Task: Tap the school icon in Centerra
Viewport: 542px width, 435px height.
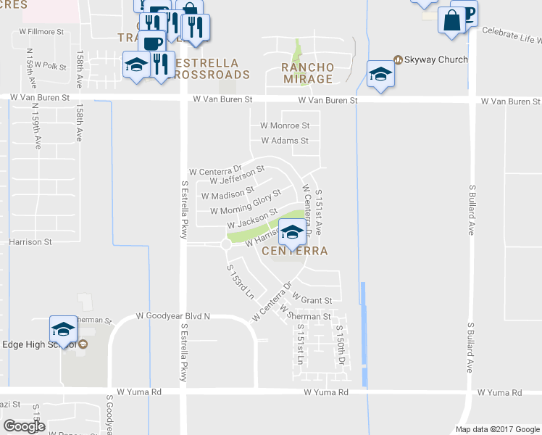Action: (292, 232)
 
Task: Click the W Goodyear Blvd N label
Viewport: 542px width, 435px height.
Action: (173, 316)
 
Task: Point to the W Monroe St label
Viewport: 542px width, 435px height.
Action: (285, 125)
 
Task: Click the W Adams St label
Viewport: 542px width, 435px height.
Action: (285, 141)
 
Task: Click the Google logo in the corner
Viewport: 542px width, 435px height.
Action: (23, 426)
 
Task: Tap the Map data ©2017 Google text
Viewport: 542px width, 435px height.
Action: (496, 429)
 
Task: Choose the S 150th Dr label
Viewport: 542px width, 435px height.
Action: (339, 344)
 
